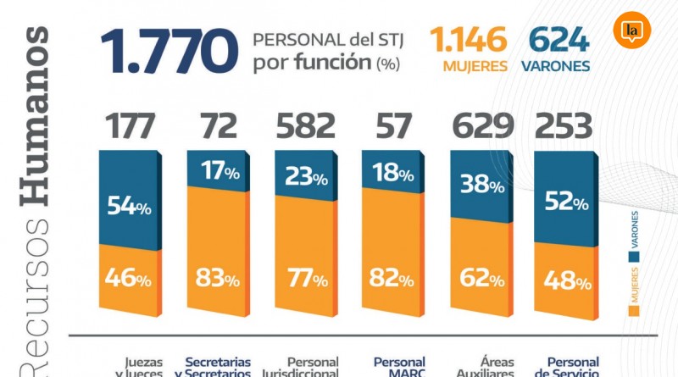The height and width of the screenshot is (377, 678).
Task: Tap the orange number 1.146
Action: click(469, 40)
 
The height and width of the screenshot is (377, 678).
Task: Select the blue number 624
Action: click(559, 40)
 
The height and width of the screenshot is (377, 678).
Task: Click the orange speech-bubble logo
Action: click(631, 32)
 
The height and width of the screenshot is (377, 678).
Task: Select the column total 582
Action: click(306, 127)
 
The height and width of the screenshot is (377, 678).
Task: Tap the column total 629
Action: click(482, 127)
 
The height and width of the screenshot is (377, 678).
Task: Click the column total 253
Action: click(563, 127)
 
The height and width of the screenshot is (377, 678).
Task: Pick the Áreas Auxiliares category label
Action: click(484, 367)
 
